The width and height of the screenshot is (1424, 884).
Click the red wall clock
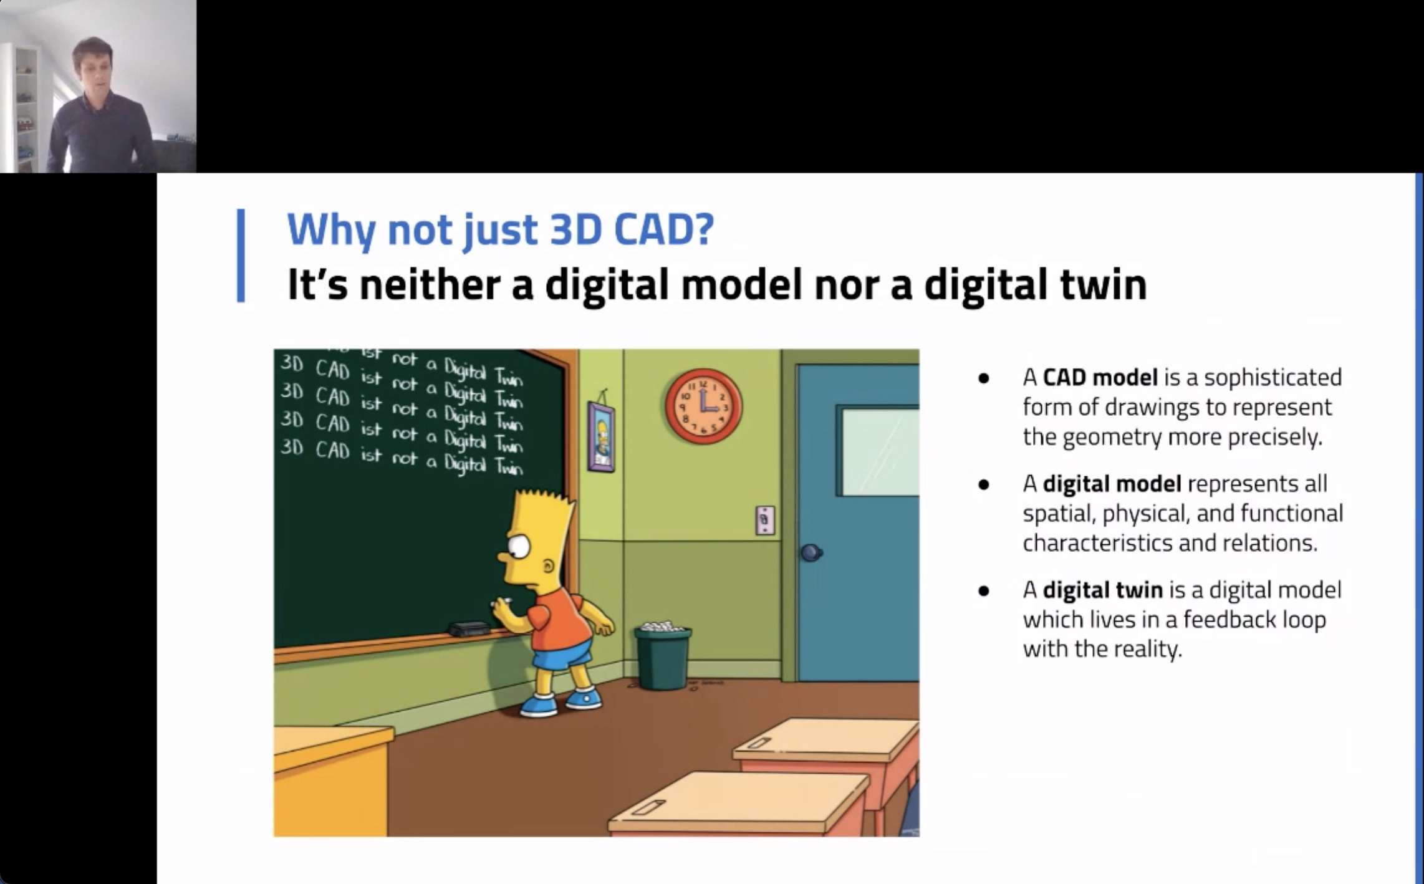(703, 406)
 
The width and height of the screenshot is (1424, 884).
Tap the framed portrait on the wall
(601, 436)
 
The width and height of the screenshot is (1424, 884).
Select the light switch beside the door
(765, 521)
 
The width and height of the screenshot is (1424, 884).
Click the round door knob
(811, 552)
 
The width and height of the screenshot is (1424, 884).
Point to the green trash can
(662, 656)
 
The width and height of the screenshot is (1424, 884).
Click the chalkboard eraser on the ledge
(469, 628)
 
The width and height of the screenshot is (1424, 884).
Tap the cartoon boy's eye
(519, 547)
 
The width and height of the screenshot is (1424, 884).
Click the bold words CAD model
(1100, 377)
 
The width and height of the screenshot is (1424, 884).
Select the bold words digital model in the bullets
(1112, 484)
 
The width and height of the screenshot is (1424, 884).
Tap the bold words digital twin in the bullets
(1102, 590)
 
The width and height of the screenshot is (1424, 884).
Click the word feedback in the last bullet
(1229, 620)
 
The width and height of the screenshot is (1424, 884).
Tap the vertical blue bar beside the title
(241, 256)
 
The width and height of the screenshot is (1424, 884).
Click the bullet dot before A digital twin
(984, 591)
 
